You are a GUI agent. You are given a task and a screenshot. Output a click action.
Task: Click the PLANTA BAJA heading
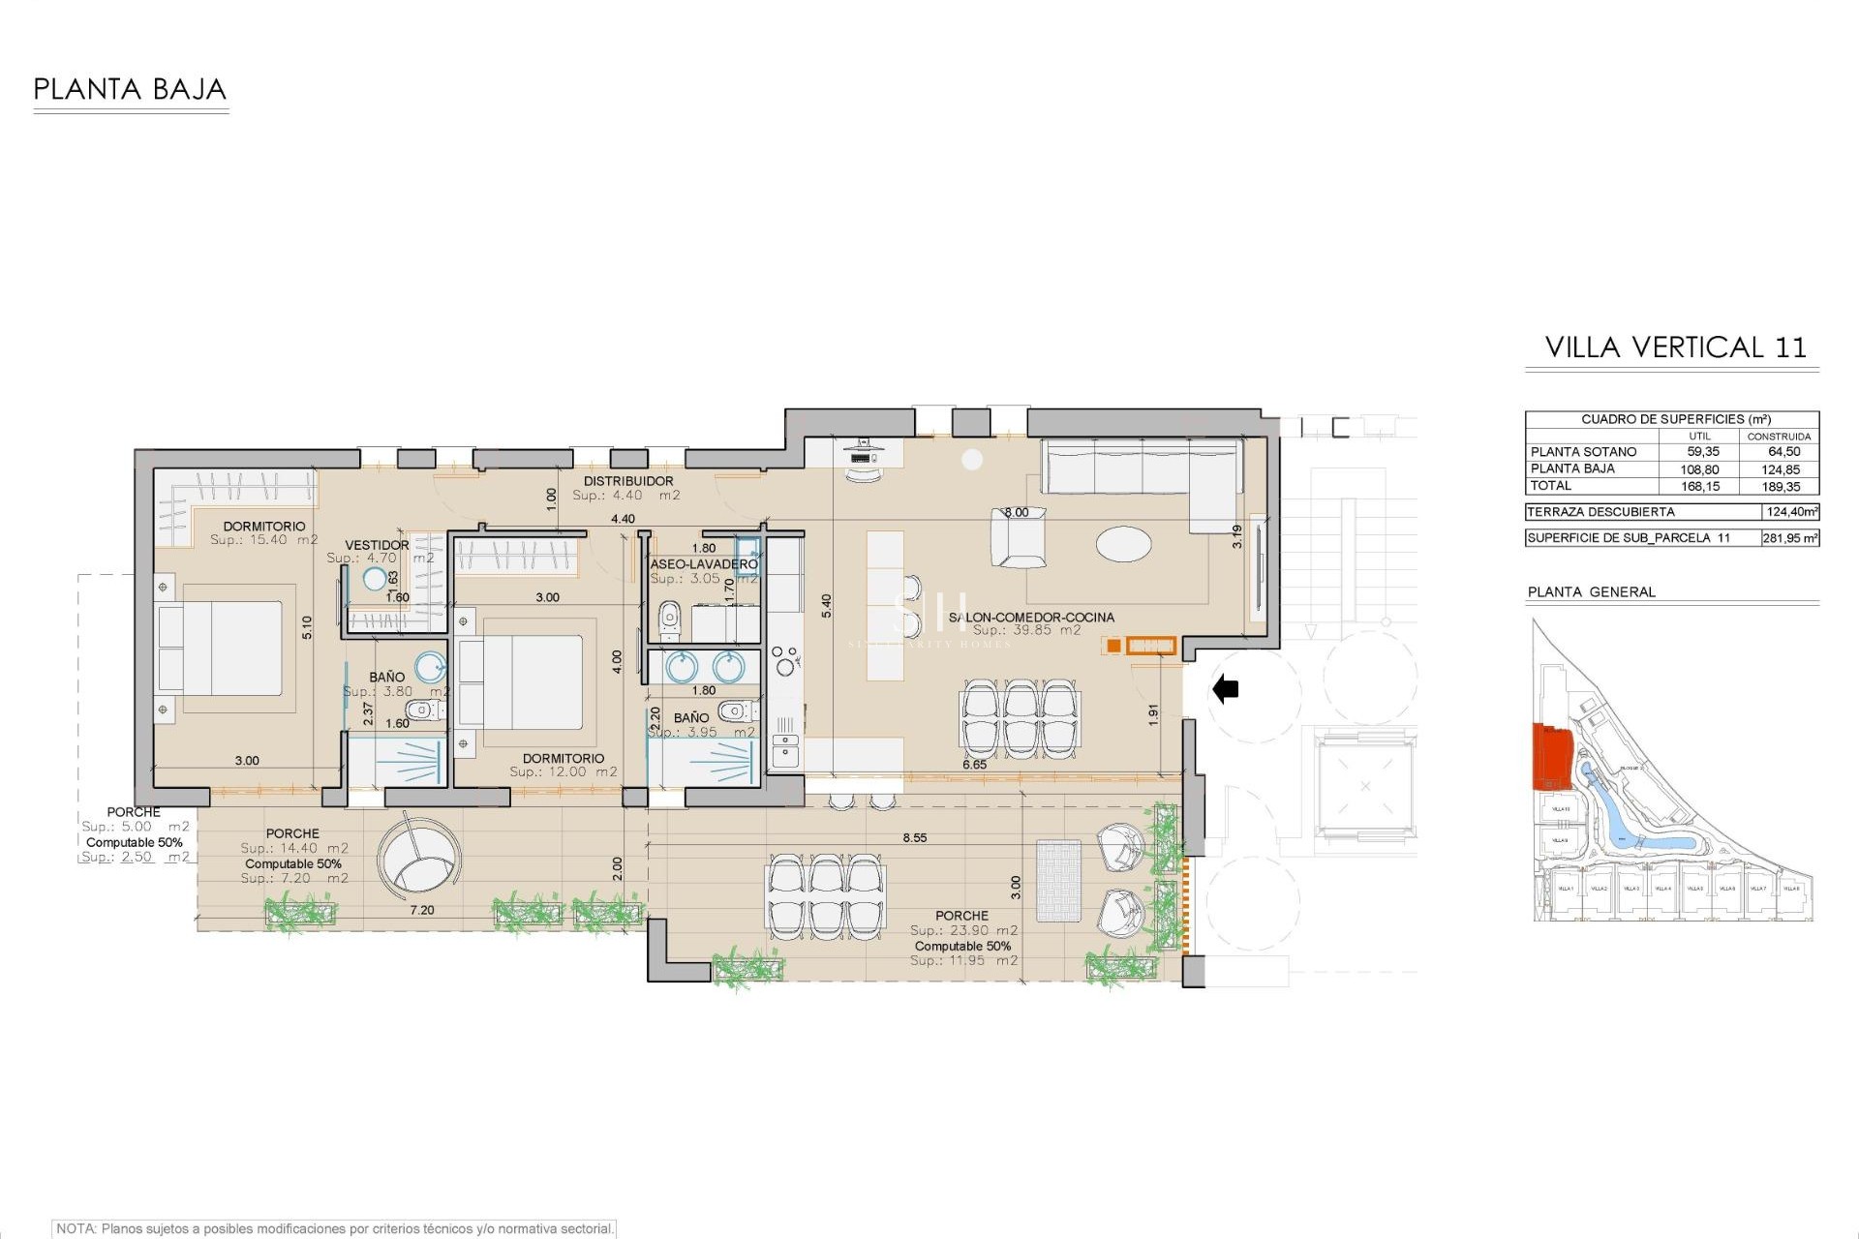tap(130, 90)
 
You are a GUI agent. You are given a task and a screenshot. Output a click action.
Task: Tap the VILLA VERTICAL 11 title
tap(1675, 348)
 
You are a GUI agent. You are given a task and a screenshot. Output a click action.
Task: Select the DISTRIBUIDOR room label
tap(627, 481)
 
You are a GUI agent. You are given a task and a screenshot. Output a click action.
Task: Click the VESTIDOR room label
tap(377, 545)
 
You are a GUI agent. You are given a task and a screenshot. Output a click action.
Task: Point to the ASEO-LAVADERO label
tap(704, 563)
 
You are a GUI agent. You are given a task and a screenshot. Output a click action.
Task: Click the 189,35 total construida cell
tap(1782, 487)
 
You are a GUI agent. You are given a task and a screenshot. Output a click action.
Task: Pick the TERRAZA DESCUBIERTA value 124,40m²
tap(1790, 512)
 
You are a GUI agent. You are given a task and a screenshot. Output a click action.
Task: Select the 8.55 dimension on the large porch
tap(914, 838)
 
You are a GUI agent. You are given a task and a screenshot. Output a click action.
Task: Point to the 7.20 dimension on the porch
tap(422, 911)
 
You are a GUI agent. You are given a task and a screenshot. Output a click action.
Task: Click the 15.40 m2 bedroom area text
tap(264, 540)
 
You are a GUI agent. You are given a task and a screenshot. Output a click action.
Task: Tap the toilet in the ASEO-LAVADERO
tap(669, 619)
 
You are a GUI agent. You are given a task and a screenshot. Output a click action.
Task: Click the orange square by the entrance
tap(1113, 646)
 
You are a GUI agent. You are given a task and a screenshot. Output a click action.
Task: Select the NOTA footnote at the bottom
tap(335, 1228)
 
